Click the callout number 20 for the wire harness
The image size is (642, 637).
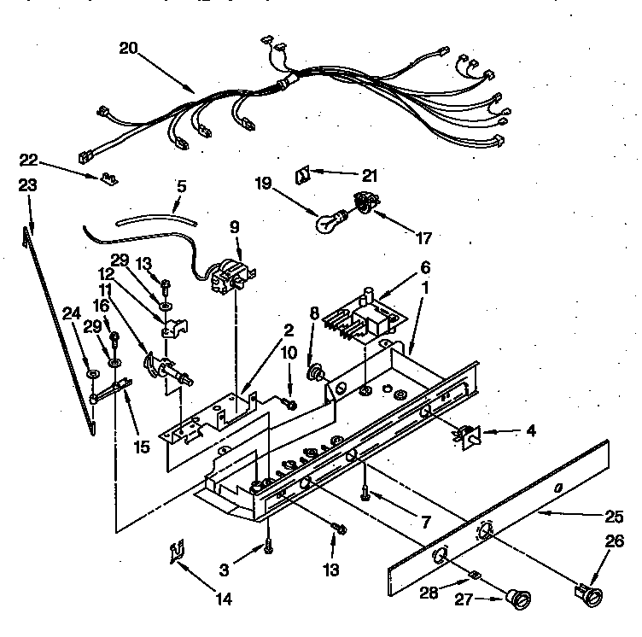[x=129, y=49]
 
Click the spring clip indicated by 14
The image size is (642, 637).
[x=176, y=556]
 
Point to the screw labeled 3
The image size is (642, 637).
[x=269, y=539]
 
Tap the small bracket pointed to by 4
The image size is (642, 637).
[x=466, y=436]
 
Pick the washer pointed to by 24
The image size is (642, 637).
[x=90, y=373]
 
